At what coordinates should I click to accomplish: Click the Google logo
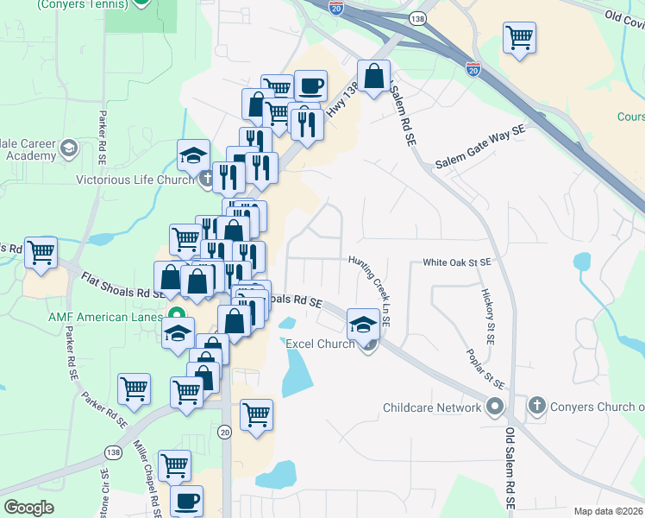point(29,508)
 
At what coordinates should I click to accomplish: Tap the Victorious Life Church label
point(135,180)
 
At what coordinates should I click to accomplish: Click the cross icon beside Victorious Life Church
point(205,180)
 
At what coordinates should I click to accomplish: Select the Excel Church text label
point(320,344)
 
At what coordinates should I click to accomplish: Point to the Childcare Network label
point(432,407)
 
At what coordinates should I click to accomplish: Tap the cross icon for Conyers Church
point(536,406)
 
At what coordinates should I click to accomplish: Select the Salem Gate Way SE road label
point(479,148)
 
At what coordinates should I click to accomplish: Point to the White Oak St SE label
point(456,262)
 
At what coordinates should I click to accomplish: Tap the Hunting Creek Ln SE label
point(370,290)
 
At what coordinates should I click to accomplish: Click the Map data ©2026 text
point(608,511)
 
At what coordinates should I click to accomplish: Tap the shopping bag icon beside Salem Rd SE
point(374,78)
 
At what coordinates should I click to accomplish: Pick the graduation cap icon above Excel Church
point(363,326)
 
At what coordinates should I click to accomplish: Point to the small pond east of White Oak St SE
point(582,261)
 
